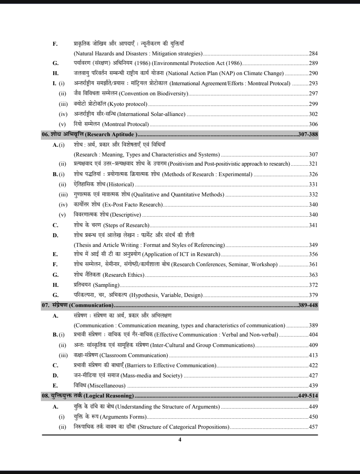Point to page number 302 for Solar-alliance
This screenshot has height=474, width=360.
[x=313, y=114]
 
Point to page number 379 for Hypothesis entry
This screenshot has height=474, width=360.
[x=313, y=295]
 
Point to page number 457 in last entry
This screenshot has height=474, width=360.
[x=313, y=426]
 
